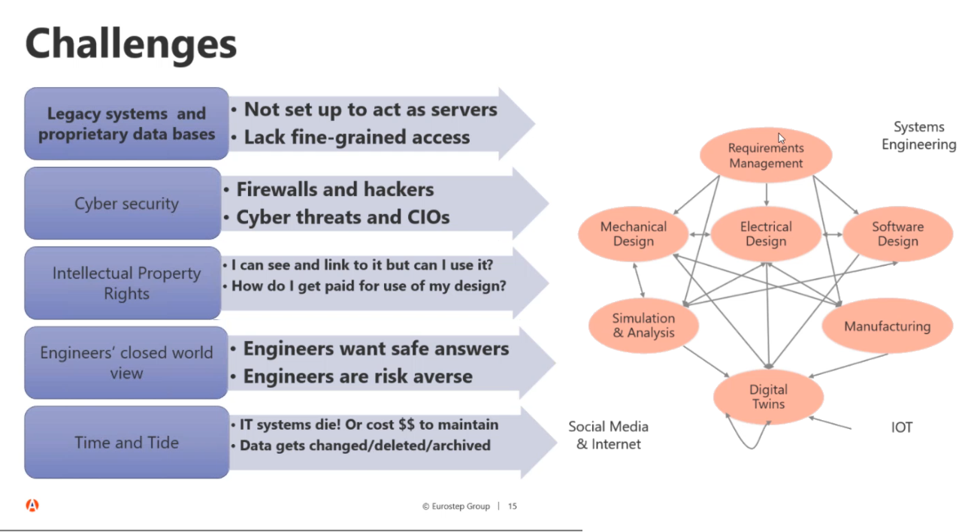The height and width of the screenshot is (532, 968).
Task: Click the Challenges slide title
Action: point(131,43)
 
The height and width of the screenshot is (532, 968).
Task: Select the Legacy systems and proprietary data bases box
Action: point(126,124)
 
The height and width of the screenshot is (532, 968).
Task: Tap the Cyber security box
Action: point(126,204)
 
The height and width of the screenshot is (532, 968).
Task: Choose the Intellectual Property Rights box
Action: point(126,283)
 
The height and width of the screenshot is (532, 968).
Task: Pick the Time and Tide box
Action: point(126,443)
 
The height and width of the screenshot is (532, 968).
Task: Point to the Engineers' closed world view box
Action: point(126,362)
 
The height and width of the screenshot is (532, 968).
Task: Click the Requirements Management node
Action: point(765,156)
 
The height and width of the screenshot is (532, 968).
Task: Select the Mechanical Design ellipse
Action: point(633,234)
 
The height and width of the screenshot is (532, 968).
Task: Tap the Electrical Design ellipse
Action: point(765,234)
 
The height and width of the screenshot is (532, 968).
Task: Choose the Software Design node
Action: point(897,234)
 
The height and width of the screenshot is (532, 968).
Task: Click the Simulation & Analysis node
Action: point(643,325)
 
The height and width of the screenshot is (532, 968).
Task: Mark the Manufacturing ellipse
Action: point(887,326)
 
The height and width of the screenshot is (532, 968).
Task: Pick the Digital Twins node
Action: point(767,397)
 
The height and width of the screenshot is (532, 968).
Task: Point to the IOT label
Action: point(901,428)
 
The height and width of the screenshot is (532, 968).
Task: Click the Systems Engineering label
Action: point(918,136)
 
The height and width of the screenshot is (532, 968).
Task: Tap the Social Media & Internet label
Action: point(608,435)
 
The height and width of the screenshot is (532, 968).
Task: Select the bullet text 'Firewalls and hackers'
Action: point(335,189)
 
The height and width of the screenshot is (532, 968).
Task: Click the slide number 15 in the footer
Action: point(513,506)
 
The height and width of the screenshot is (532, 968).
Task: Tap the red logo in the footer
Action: point(32,506)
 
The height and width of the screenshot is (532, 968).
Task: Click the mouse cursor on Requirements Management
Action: point(782,138)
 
